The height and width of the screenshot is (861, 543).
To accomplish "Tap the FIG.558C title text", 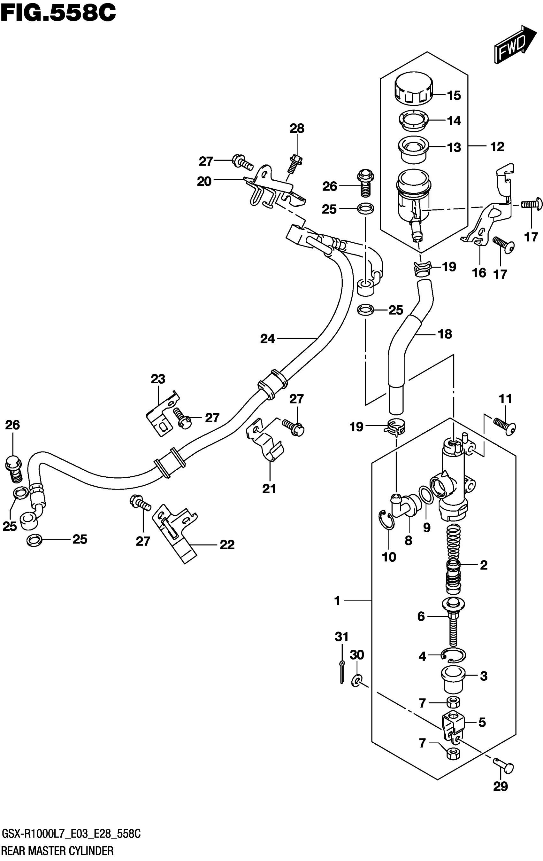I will [58, 13].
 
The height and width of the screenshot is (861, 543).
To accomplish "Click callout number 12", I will [497, 147].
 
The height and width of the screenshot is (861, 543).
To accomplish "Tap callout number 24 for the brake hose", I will [267, 338].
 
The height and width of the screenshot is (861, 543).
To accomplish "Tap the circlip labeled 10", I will [386, 523].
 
